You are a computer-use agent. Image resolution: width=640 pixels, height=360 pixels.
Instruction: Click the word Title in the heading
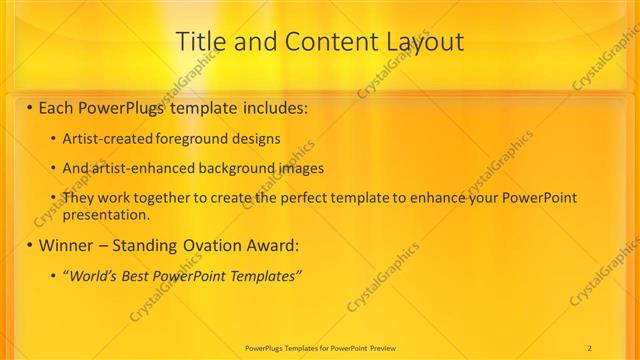pyautogui.click(x=199, y=42)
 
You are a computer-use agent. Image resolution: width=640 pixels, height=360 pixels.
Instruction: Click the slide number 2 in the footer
pyautogui.click(x=589, y=347)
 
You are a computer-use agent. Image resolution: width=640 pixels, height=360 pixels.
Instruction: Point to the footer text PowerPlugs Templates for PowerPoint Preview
pyautogui.click(x=319, y=347)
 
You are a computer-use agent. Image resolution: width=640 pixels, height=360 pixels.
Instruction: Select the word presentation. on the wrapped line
pyautogui.click(x=106, y=213)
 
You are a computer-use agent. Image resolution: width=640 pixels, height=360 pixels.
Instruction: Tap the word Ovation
pyautogui.click(x=209, y=245)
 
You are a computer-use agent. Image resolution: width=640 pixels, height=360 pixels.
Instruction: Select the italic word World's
pyautogui.click(x=91, y=275)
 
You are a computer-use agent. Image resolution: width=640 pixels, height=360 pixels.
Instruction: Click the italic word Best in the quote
pyautogui.click(x=135, y=275)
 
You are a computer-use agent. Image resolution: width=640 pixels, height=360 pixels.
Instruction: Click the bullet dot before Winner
pyautogui.click(x=30, y=245)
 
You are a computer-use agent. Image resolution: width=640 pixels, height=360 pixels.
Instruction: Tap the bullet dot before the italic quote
pyautogui.click(x=53, y=275)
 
